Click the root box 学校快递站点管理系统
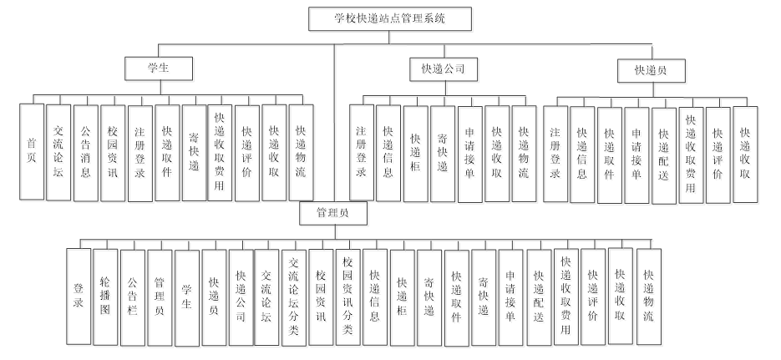pyautogui.click(x=391, y=19)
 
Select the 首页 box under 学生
pyautogui.click(x=32, y=151)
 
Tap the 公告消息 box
pyautogui.click(x=86, y=151)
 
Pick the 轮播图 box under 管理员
pyautogui.click(x=105, y=297)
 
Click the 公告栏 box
pyautogui.click(x=133, y=297)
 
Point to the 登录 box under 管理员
pyautogui.click(x=79, y=297)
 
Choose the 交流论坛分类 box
pyautogui.click(x=294, y=297)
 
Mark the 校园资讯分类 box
pyautogui.click(x=349, y=297)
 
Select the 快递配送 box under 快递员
pyautogui.click(x=664, y=155)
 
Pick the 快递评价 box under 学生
pyautogui.click(x=246, y=151)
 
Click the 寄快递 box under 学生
pyautogui.click(x=194, y=151)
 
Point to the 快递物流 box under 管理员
pyautogui.click(x=648, y=297)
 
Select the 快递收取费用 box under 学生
pyautogui.click(x=221, y=151)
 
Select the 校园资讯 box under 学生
pyautogui.click(x=113, y=151)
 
